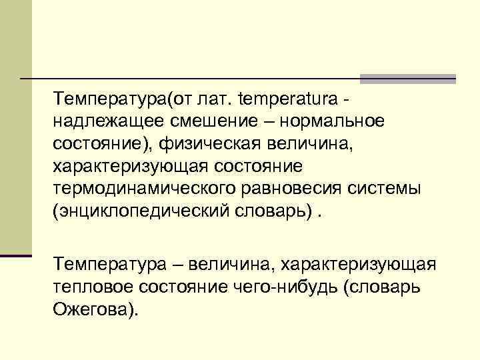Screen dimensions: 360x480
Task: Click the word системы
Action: (387, 187)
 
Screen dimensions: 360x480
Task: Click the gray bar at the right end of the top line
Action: (407, 79)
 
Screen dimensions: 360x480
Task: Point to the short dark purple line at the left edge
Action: (16, 255)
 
